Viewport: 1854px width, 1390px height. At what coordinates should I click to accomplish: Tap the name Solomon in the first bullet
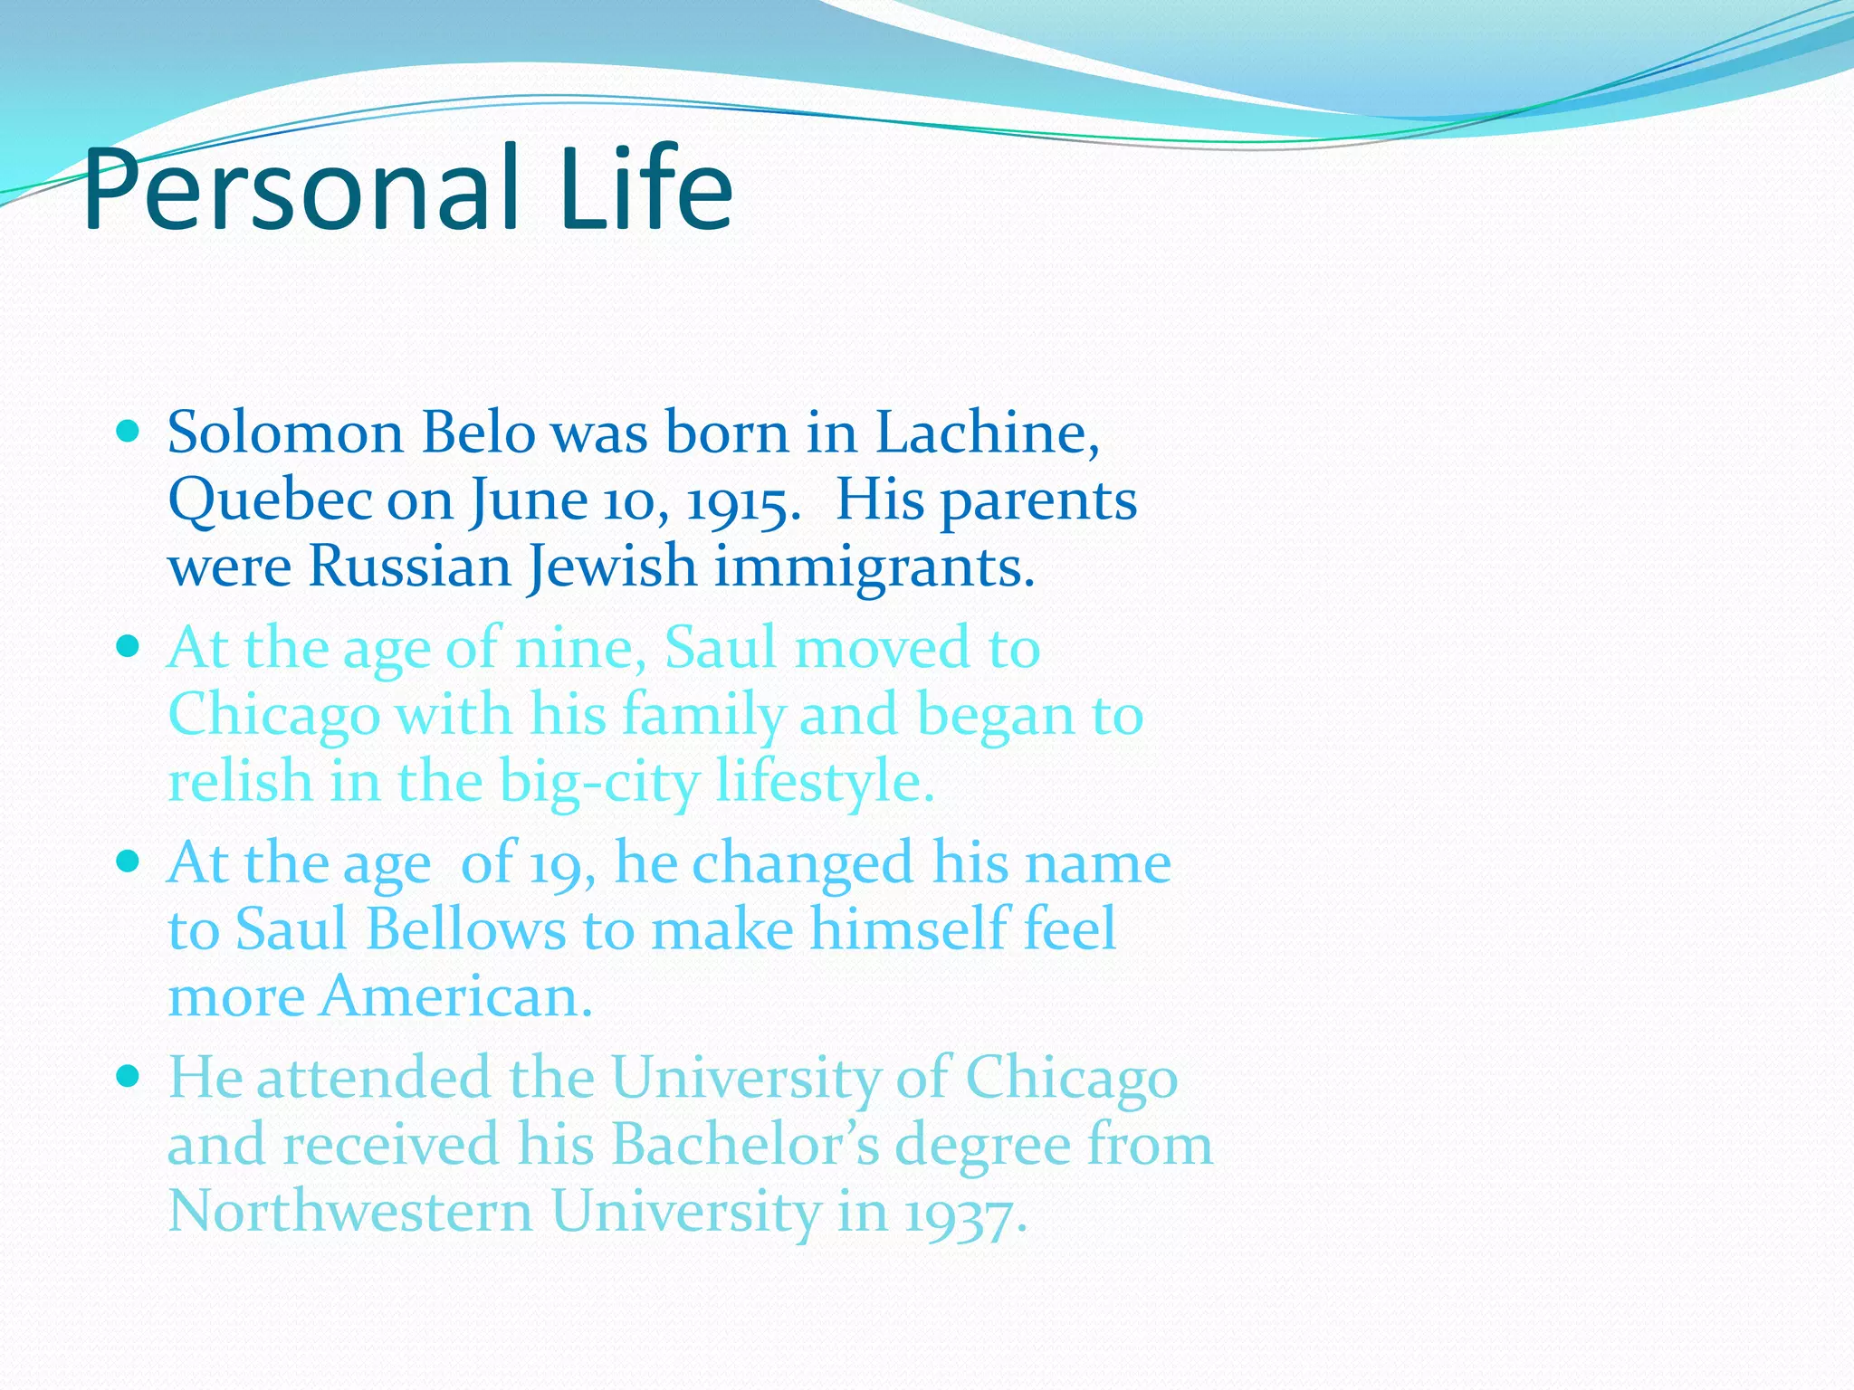click(285, 433)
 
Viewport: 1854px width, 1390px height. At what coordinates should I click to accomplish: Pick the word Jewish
click(612, 567)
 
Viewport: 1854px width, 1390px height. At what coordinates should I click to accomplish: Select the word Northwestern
click(350, 1212)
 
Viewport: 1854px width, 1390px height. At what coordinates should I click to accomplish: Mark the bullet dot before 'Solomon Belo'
click(129, 431)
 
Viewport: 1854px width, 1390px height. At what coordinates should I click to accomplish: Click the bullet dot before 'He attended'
click(129, 1075)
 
